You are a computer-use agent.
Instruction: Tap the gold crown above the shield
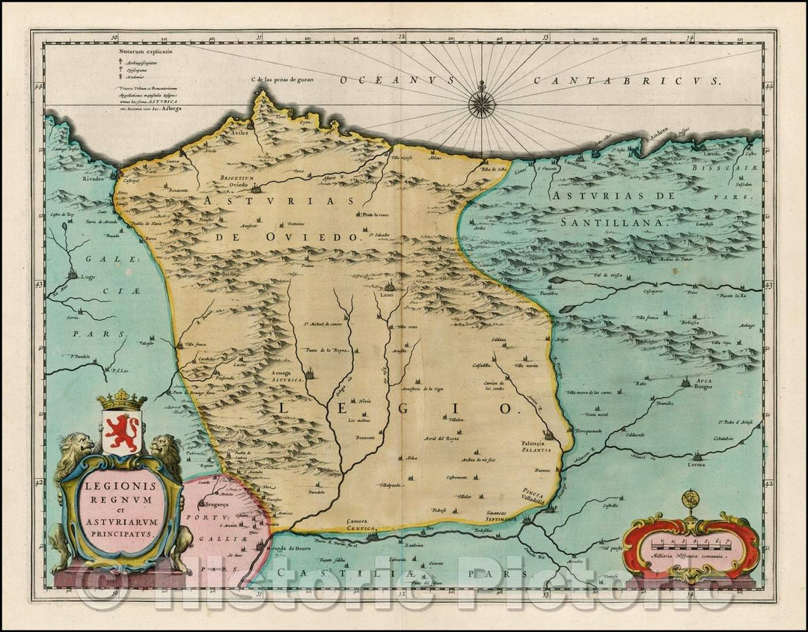point(122,400)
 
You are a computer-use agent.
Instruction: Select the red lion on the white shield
point(122,432)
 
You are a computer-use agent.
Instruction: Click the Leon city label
point(388,295)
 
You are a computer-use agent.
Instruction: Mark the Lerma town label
point(696,464)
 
